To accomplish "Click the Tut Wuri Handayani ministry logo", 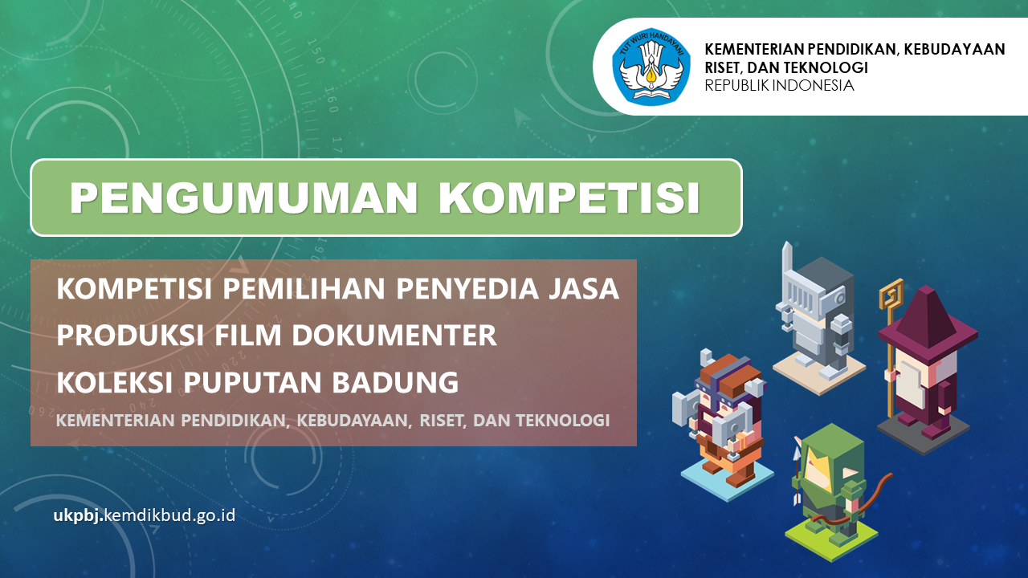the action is coord(651,67).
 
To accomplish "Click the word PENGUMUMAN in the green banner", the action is coord(243,197).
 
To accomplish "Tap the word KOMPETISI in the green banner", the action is coord(569,197).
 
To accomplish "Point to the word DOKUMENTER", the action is coord(394,336).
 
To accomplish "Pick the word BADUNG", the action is coord(395,382).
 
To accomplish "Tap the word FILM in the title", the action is coord(247,336).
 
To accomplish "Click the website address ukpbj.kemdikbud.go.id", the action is coord(145,515).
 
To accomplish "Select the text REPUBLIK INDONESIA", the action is coord(779,85).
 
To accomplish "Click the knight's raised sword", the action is coord(788,262).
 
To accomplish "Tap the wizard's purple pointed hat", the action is coord(927,323).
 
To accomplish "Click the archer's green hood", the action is coord(828,458).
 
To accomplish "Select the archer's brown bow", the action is coord(859,503).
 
